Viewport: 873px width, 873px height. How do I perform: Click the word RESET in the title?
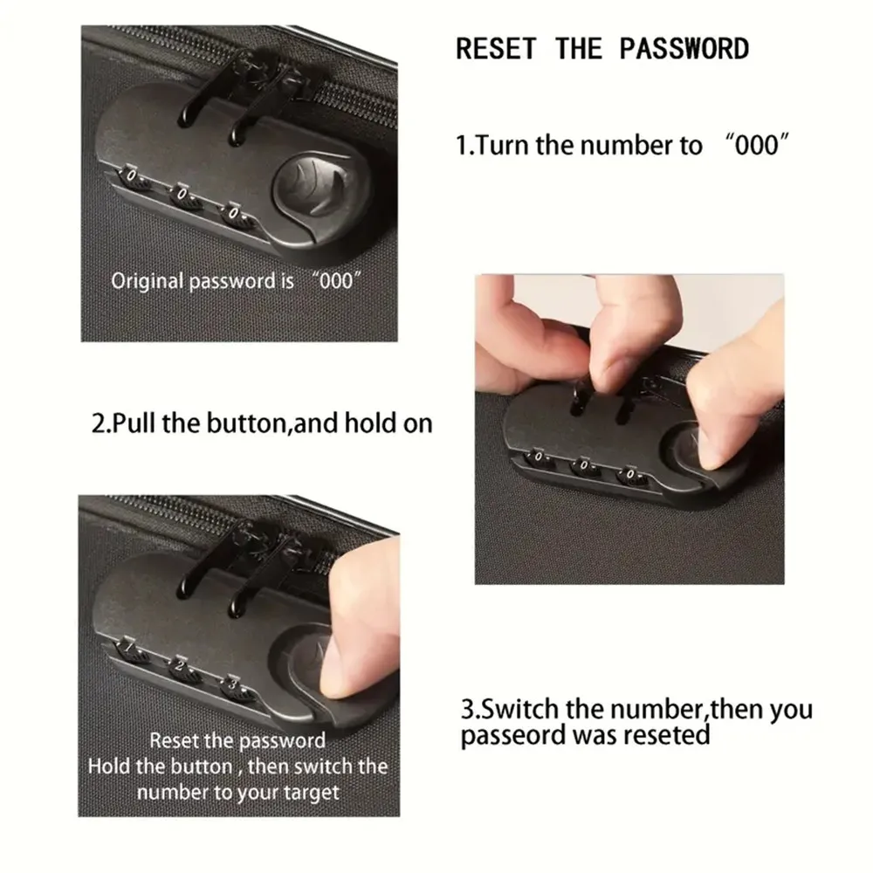[x=496, y=48]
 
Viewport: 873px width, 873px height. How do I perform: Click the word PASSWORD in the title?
[x=684, y=48]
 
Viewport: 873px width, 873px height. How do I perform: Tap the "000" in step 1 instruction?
[x=757, y=145]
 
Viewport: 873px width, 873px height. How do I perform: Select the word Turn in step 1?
[x=503, y=145]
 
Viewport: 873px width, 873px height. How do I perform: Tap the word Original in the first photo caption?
[x=147, y=281]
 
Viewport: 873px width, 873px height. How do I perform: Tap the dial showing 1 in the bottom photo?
[x=129, y=650]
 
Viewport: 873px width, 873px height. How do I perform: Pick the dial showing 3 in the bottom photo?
[x=235, y=686]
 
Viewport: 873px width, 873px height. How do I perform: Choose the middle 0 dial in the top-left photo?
[x=183, y=196]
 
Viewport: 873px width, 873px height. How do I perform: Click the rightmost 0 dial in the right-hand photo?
[x=631, y=476]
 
